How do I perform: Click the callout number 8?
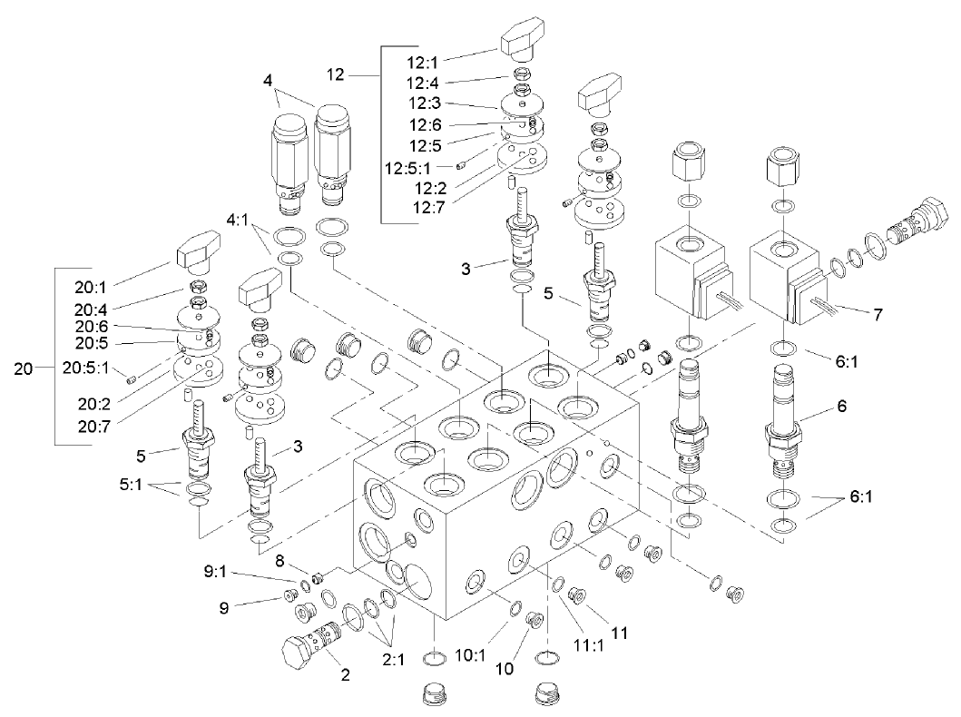[x=279, y=561]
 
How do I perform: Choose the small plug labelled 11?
[x=575, y=596]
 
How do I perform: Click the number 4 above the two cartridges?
[x=268, y=80]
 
